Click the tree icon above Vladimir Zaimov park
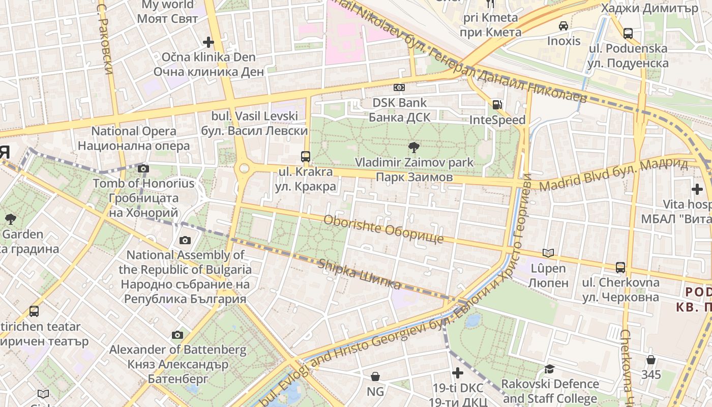414,148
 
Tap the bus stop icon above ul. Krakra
306,157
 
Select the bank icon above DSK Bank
399,88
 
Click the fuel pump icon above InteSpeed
497,105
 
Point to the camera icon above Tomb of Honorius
143,168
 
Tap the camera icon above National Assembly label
185,240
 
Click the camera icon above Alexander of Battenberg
177,335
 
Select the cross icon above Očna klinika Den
208,42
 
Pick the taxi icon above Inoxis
563,25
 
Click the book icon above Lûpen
548,253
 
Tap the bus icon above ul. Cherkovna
620,267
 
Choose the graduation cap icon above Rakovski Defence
549,369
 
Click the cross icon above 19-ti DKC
458,373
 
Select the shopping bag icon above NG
375,376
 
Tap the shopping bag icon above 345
651,360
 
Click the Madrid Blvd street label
613,175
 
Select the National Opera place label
133,138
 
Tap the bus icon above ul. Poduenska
628,34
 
